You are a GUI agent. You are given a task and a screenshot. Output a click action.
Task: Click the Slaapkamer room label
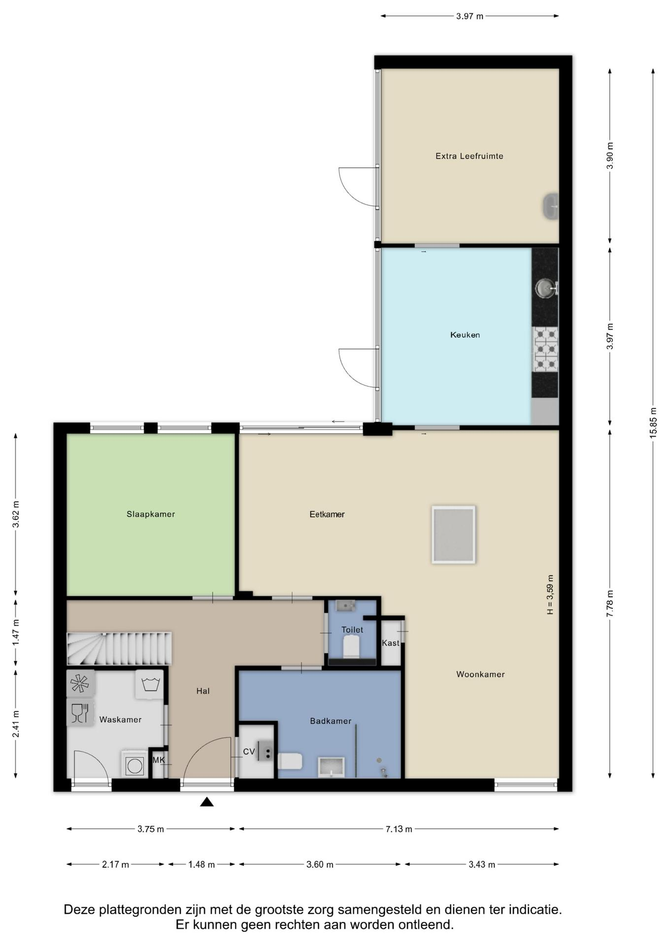point(151,514)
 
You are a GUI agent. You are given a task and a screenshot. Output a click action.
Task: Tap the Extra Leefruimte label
point(469,156)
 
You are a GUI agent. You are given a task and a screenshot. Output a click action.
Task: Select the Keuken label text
point(465,335)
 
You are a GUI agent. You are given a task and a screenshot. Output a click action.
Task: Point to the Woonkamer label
point(480,674)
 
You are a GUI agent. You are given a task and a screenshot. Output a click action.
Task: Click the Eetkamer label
point(327,514)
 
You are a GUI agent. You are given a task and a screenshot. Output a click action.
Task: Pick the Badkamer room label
point(331,721)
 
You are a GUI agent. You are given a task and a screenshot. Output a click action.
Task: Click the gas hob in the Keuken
point(545,349)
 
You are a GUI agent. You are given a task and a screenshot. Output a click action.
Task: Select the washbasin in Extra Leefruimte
point(550,206)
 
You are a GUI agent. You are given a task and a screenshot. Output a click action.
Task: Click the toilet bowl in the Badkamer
point(290,761)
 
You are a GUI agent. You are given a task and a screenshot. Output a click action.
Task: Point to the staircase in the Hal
point(119,649)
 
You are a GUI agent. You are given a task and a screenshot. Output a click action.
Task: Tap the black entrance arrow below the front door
point(207,802)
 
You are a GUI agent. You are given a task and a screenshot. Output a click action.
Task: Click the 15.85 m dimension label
point(653,423)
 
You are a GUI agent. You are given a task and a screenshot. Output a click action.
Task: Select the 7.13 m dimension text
point(399,829)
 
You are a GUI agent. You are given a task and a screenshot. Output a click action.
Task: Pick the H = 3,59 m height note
point(550,595)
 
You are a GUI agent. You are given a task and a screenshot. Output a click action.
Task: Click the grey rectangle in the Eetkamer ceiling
point(453,535)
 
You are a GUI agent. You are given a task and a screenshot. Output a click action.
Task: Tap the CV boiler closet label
point(249,752)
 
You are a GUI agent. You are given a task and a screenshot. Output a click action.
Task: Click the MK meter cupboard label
point(159,760)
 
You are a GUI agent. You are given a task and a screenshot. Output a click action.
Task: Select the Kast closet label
point(391,643)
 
